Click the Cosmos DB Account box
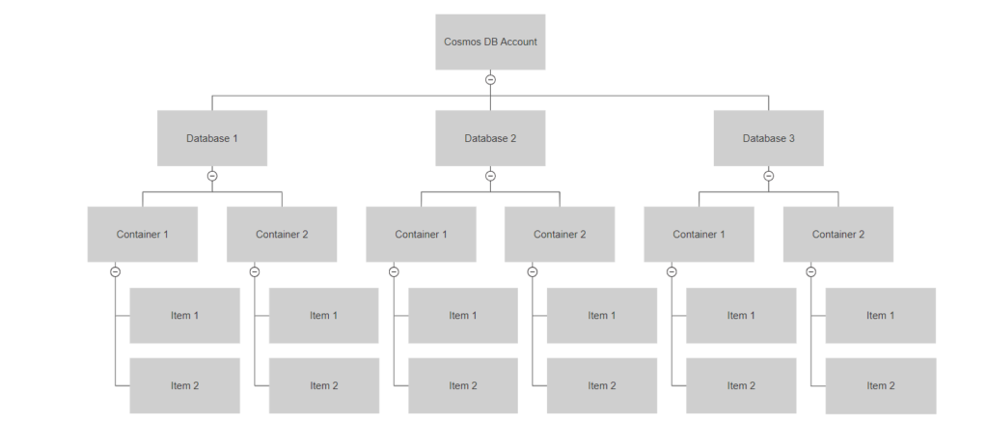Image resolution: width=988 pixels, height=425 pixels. [490, 42]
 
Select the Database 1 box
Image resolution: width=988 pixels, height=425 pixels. [212, 138]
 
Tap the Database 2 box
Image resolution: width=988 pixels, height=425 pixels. [490, 138]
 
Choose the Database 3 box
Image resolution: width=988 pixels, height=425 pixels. [768, 138]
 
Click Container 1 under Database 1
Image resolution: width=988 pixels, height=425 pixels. [143, 234]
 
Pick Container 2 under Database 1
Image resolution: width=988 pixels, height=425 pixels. [282, 234]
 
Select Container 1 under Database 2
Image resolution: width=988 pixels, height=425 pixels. [421, 234]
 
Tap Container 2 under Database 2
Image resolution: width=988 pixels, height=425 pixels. [560, 234]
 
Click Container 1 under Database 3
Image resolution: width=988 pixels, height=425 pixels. [699, 234]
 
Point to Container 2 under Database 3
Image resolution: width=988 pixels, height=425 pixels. [837, 234]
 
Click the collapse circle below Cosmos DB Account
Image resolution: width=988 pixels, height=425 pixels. [490, 79]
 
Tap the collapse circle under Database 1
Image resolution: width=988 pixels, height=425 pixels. [212, 176]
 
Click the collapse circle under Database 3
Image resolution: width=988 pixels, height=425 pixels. [768, 176]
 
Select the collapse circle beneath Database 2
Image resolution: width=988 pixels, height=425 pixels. [490, 176]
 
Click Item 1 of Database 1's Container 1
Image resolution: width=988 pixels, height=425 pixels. [185, 315]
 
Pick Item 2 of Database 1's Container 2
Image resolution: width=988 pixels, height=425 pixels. [324, 385]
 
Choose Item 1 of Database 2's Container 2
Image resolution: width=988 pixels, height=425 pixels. [602, 315]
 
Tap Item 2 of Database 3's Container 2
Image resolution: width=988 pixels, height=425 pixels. [880, 385]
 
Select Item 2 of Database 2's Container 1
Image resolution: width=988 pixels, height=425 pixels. [463, 385]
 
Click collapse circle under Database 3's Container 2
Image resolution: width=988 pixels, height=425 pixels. [810, 271]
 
